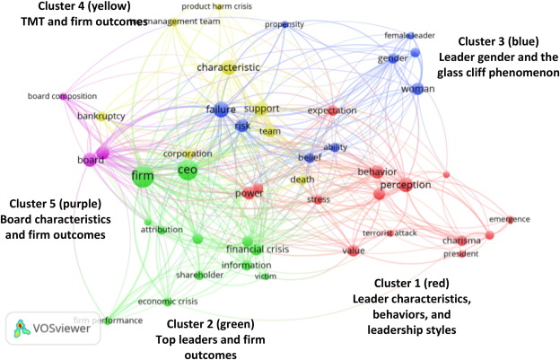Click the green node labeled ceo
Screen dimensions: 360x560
tap(187, 170)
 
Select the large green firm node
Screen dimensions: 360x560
tap(142, 176)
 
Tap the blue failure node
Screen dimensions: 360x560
tap(220, 110)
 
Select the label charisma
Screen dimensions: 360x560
tap(461, 241)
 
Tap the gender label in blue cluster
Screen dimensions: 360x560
tap(391, 58)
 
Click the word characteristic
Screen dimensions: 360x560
tap(227, 66)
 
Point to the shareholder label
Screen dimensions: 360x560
tap(197, 275)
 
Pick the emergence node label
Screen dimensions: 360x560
tap(509, 219)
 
